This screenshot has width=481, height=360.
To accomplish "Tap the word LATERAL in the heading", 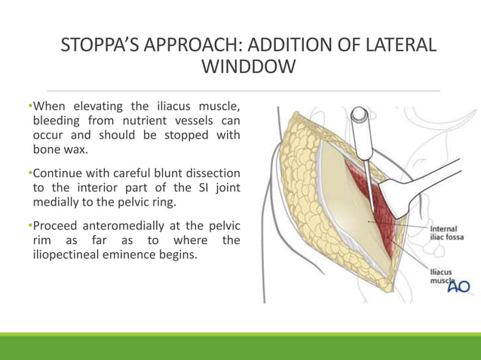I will click(x=399, y=44).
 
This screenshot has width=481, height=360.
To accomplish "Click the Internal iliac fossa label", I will click(x=446, y=233).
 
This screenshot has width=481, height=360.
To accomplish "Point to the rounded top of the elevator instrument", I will click(x=360, y=116).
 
